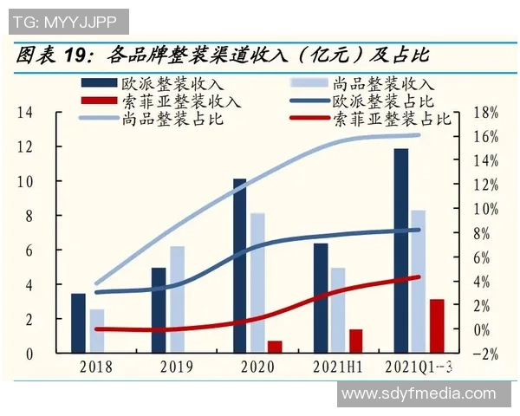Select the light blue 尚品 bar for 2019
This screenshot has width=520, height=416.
(177, 300)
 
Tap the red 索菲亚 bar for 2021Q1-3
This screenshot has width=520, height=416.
(437, 326)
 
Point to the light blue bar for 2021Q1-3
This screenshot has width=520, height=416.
(418, 282)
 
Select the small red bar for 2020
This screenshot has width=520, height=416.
(275, 347)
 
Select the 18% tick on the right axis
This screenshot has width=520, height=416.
(486, 113)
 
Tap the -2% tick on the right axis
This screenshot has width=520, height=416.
(486, 354)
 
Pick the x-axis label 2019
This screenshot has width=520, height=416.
(177, 367)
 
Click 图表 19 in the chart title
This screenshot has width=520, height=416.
(52, 56)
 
